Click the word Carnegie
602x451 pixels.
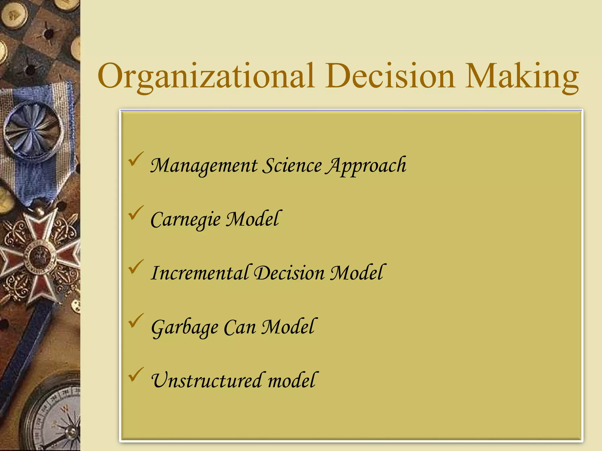[185, 220]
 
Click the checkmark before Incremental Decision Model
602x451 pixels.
[136, 267]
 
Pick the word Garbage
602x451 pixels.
[185, 327]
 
